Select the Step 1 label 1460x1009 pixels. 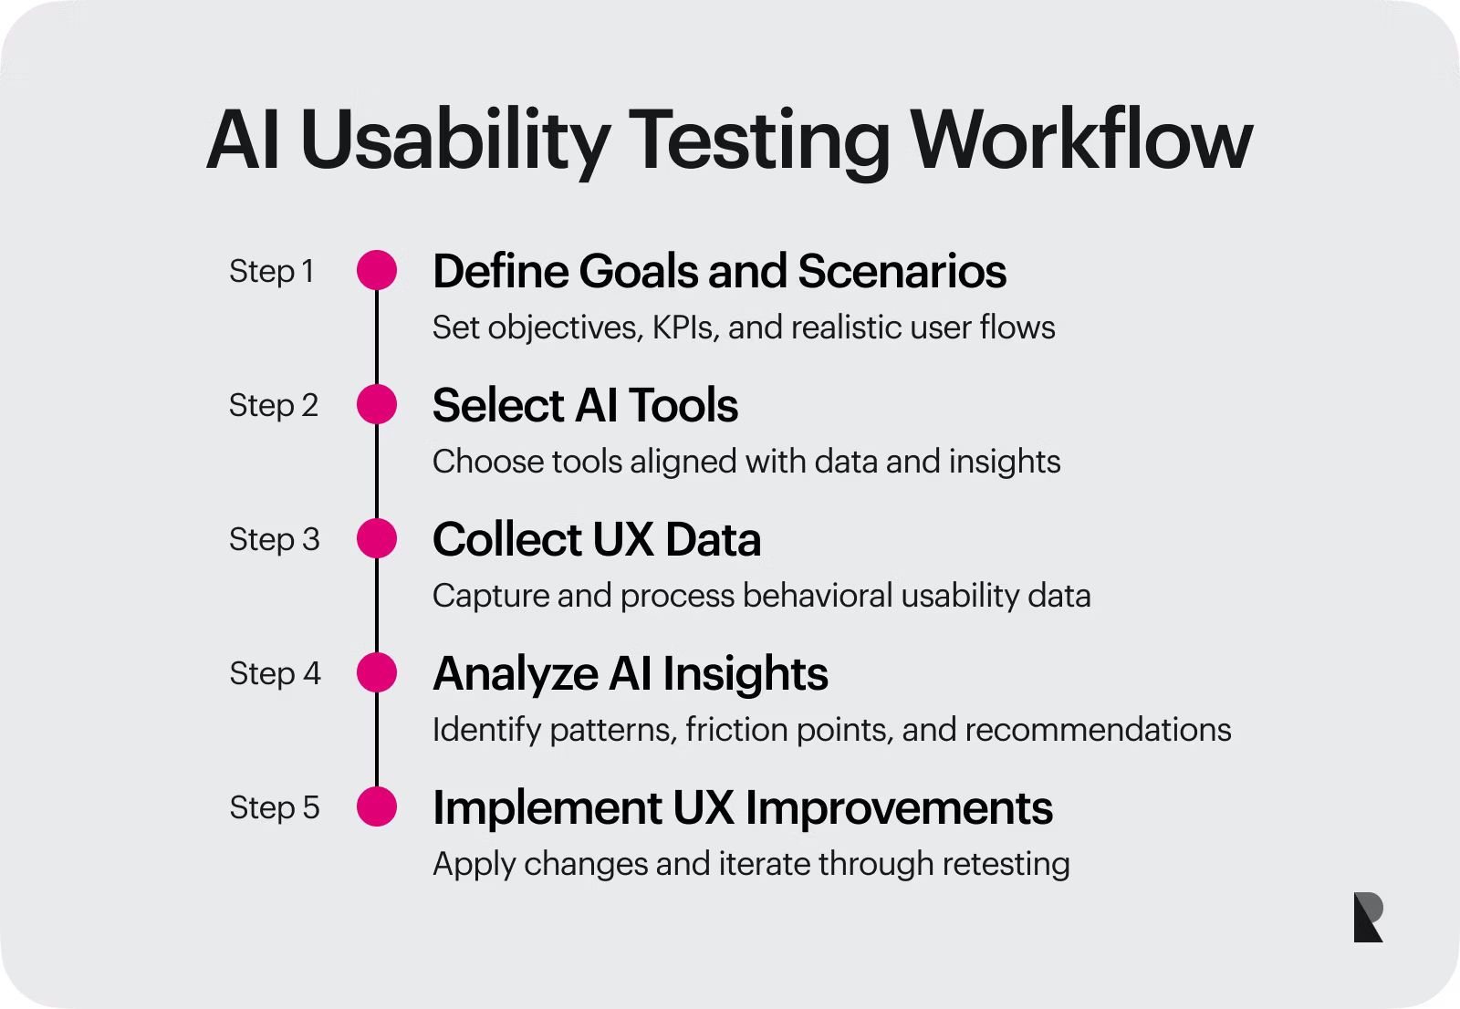coord(272,271)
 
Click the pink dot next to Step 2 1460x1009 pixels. coord(377,404)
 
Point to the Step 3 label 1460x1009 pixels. coord(274,539)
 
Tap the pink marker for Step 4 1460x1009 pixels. coord(377,673)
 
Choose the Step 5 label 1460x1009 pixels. coord(274,807)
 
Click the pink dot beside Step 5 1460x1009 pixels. coord(377,807)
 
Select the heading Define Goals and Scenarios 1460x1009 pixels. coord(719,271)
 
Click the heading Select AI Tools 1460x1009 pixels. coord(585,405)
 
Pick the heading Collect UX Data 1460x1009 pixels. coord(597,539)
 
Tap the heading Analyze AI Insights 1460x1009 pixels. coord(631,673)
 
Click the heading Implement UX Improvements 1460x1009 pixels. coord(743,807)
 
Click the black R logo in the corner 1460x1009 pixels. coord(1368,917)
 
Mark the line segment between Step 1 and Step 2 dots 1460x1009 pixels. coord(377,338)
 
